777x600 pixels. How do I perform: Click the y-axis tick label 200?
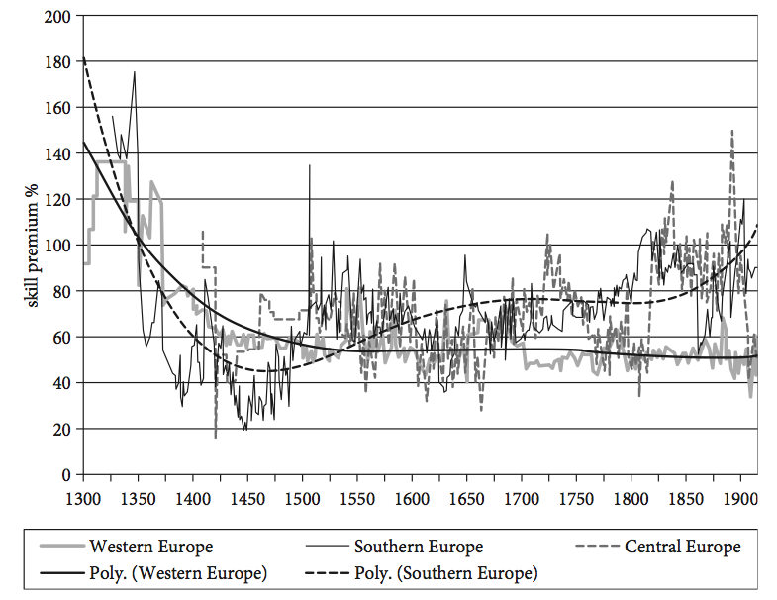pos(58,17)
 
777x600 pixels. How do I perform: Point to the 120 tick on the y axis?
pos(58,200)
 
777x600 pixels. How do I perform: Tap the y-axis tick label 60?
pos(62,338)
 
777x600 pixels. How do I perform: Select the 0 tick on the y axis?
pos(66,475)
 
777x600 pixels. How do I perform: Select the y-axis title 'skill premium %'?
pos(31,245)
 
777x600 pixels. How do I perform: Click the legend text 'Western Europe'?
pos(150,546)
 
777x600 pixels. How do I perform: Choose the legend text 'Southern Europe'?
pos(419,546)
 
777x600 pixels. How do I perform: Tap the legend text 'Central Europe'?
pos(682,546)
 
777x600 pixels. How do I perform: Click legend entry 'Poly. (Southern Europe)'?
pos(446,572)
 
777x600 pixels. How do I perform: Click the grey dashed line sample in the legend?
pos(598,546)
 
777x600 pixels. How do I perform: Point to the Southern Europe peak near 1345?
pos(134,72)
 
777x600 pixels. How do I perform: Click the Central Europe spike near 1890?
pos(731,130)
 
